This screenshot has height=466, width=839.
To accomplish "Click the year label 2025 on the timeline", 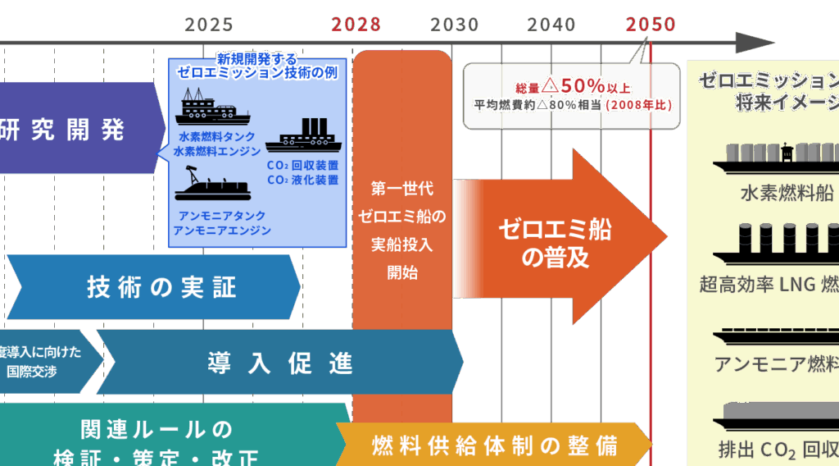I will coord(208,24).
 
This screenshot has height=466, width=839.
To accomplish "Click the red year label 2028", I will coord(356,24).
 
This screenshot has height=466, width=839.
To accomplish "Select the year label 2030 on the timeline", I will coord(454,24).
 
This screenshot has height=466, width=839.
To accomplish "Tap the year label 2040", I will coord(551,24).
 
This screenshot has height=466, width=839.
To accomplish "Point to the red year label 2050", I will coord(651,24).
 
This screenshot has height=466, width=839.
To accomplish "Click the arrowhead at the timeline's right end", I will coord(754,43).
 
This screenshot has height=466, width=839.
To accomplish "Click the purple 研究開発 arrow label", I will coord(62,129).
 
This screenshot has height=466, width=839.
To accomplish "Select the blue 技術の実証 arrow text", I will coord(161,287).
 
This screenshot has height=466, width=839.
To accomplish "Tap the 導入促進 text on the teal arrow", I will coord(279,363).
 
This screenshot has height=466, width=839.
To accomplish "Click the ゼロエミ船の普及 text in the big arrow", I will coord(556,244).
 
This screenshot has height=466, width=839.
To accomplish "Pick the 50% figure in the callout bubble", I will coord(583,85).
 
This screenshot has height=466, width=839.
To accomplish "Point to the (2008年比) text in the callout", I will coord(638,105).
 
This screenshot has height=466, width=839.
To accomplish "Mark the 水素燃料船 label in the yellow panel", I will coord(786,194).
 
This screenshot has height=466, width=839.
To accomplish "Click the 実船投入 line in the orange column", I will coord(401,244).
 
